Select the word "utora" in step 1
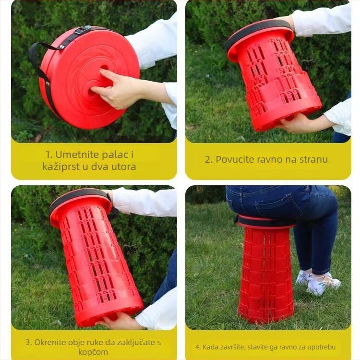(x=122, y=167)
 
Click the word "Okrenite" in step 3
(x=52, y=343)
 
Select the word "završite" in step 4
(x=234, y=347)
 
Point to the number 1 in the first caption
(x=48, y=155)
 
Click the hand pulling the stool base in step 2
(x=300, y=124)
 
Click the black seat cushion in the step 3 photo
(x=77, y=197)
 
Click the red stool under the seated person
(x=265, y=274)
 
